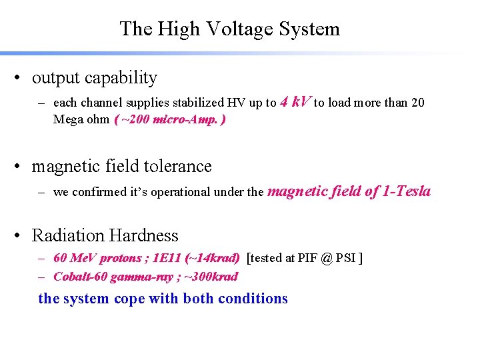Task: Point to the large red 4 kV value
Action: tap(295, 101)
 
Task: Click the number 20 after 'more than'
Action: tap(417, 103)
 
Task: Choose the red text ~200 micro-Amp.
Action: tap(170, 119)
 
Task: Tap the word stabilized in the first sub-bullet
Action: tap(198, 103)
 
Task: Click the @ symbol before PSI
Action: tap(325, 258)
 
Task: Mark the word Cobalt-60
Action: tap(78, 276)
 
